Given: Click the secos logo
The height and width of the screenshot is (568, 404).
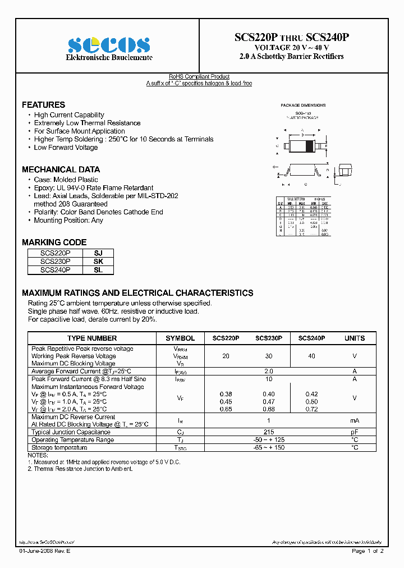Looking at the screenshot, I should coord(109,45).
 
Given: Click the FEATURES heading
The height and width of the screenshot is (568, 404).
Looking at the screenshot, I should coord(43,105).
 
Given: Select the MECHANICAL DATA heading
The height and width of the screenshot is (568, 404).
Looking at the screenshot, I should coord(61,170).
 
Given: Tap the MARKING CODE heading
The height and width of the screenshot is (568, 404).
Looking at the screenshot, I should coord(54,242).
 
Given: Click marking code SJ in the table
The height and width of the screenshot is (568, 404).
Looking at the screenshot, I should coord(98,253).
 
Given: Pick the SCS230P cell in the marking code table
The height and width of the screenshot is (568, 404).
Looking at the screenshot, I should coord(56,262).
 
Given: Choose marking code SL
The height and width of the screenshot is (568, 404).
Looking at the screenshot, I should coord(98,270).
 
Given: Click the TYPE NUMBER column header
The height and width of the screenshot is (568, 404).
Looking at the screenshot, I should coord(92,338).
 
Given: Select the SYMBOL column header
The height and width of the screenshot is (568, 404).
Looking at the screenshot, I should coord(180,338).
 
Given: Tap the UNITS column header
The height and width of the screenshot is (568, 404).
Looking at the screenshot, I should coord(354,338).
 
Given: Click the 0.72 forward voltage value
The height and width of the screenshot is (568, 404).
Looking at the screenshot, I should coord(311,409).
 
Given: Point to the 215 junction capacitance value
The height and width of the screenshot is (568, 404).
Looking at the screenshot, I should coord(268,432).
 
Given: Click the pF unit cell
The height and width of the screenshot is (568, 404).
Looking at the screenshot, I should coord(354,432).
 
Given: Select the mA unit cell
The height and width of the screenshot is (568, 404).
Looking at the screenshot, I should coord(354,420).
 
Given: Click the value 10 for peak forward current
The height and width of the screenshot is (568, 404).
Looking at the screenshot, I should coord(268,379).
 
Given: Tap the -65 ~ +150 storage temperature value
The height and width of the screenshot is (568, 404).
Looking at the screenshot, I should coord(268,447).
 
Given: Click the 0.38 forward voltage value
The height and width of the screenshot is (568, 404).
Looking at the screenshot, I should coord(226,394).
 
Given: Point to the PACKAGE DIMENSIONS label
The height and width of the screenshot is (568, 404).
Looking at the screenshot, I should coord(303,106).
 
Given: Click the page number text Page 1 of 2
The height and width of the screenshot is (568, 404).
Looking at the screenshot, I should coord(368,551).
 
